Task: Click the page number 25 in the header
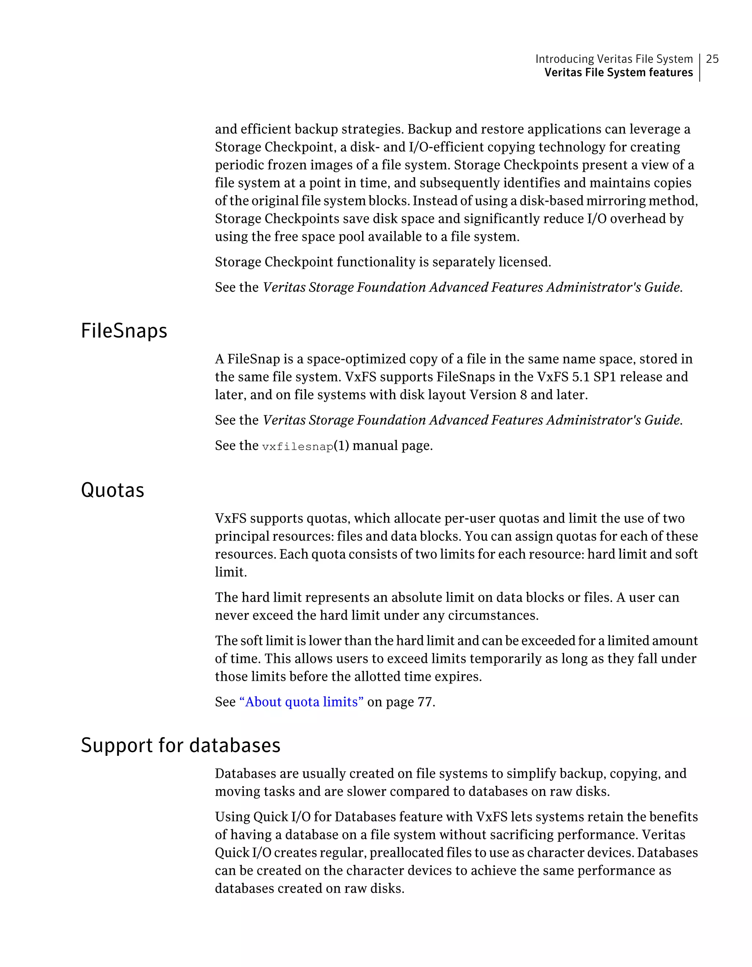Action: (712, 59)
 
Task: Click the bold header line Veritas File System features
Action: (618, 73)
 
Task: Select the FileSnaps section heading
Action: (124, 331)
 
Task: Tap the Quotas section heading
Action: (112, 491)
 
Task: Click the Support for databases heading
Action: (181, 746)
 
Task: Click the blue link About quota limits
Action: (301, 702)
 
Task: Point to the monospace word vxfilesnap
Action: (297, 447)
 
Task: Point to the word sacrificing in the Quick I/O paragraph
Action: (516, 835)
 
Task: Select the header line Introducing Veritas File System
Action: (614, 59)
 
